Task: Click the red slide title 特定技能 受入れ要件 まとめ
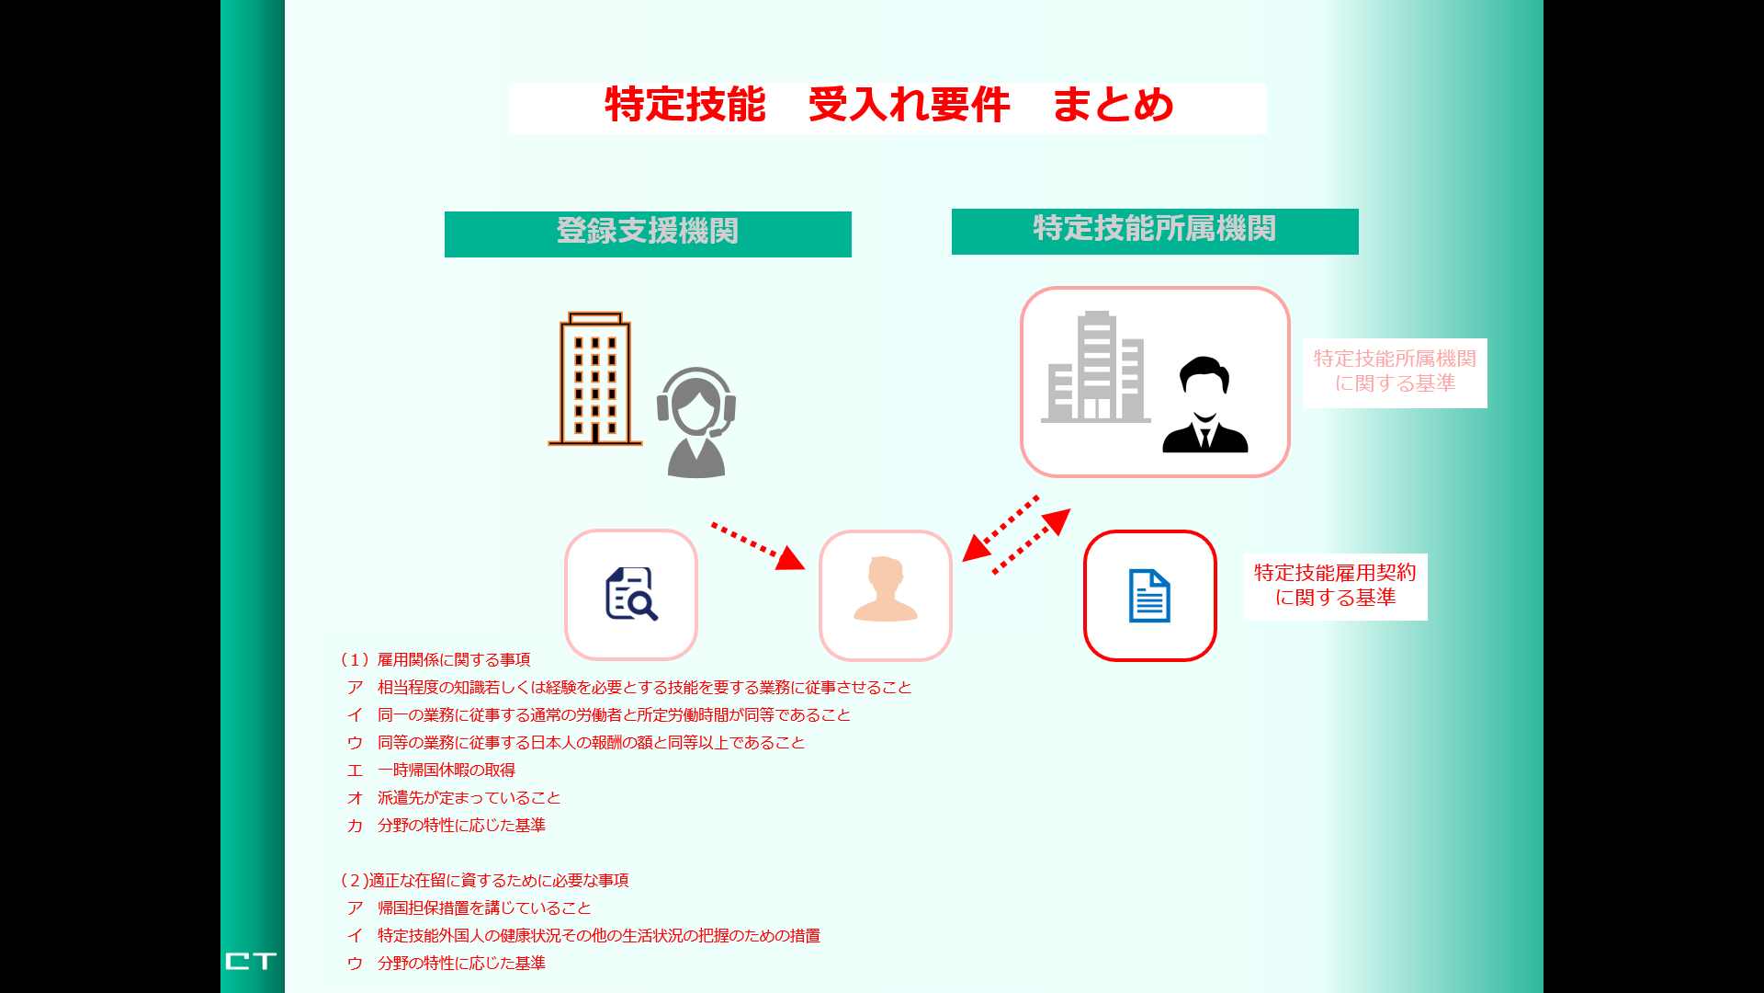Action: pyautogui.click(x=889, y=105)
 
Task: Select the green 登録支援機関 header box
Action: pyautogui.click(x=648, y=234)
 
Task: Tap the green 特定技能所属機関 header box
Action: pyautogui.click(x=1155, y=232)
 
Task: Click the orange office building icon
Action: pyautogui.click(x=595, y=379)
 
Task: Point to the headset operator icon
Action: pyautogui.click(x=696, y=422)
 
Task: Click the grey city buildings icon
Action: pyautogui.click(x=1095, y=367)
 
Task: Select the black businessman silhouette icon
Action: pyautogui.click(x=1204, y=405)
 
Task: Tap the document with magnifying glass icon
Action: pyautogui.click(x=631, y=594)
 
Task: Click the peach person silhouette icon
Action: pyautogui.click(x=885, y=589)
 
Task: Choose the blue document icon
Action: pyautogui.click(x=1149, y=596)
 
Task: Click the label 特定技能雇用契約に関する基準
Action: pyautogui.click(x=1335, y=586)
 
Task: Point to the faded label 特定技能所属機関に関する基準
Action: pyautogui.click(x=1395, y=371)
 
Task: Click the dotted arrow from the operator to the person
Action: pyautogui.click(x=758, y=547)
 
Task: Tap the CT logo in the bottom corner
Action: pyautogui.click(x=251, y=961)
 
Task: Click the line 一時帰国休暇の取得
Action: pyautogui.click(x=447, y=770)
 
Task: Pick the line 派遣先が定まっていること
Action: pyautogui.click(x=469, y=798)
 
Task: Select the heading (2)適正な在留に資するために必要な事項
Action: pyautogui.click(x=483, y=881)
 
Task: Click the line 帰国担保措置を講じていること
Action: pyautogui.click(x=484, y=908)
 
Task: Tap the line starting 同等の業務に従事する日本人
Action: pyautogui.click(x=591, y=743)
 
